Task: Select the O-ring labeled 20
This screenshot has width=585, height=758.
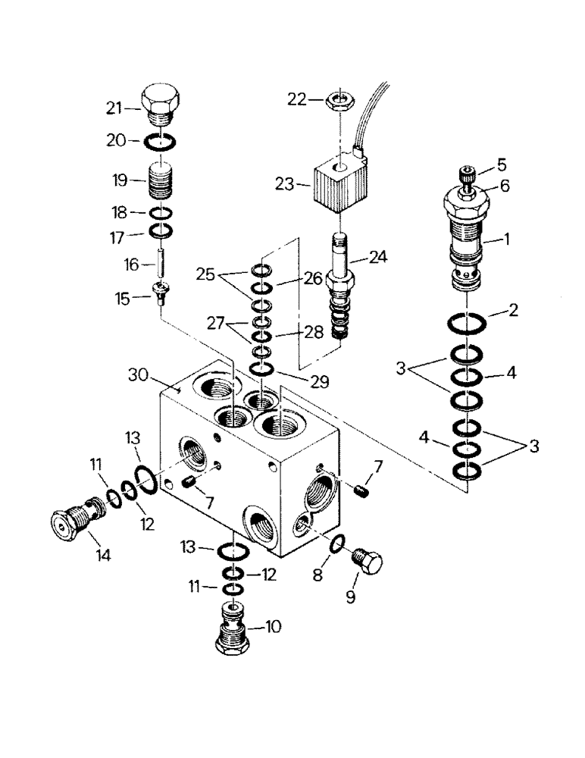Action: pos(163,141)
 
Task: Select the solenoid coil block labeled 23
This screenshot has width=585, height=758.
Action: pos(333,184)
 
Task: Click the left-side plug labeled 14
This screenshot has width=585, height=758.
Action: pos(77,518)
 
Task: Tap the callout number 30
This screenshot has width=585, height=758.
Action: pos(137,377)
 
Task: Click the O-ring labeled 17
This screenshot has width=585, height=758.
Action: pos(162,230)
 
